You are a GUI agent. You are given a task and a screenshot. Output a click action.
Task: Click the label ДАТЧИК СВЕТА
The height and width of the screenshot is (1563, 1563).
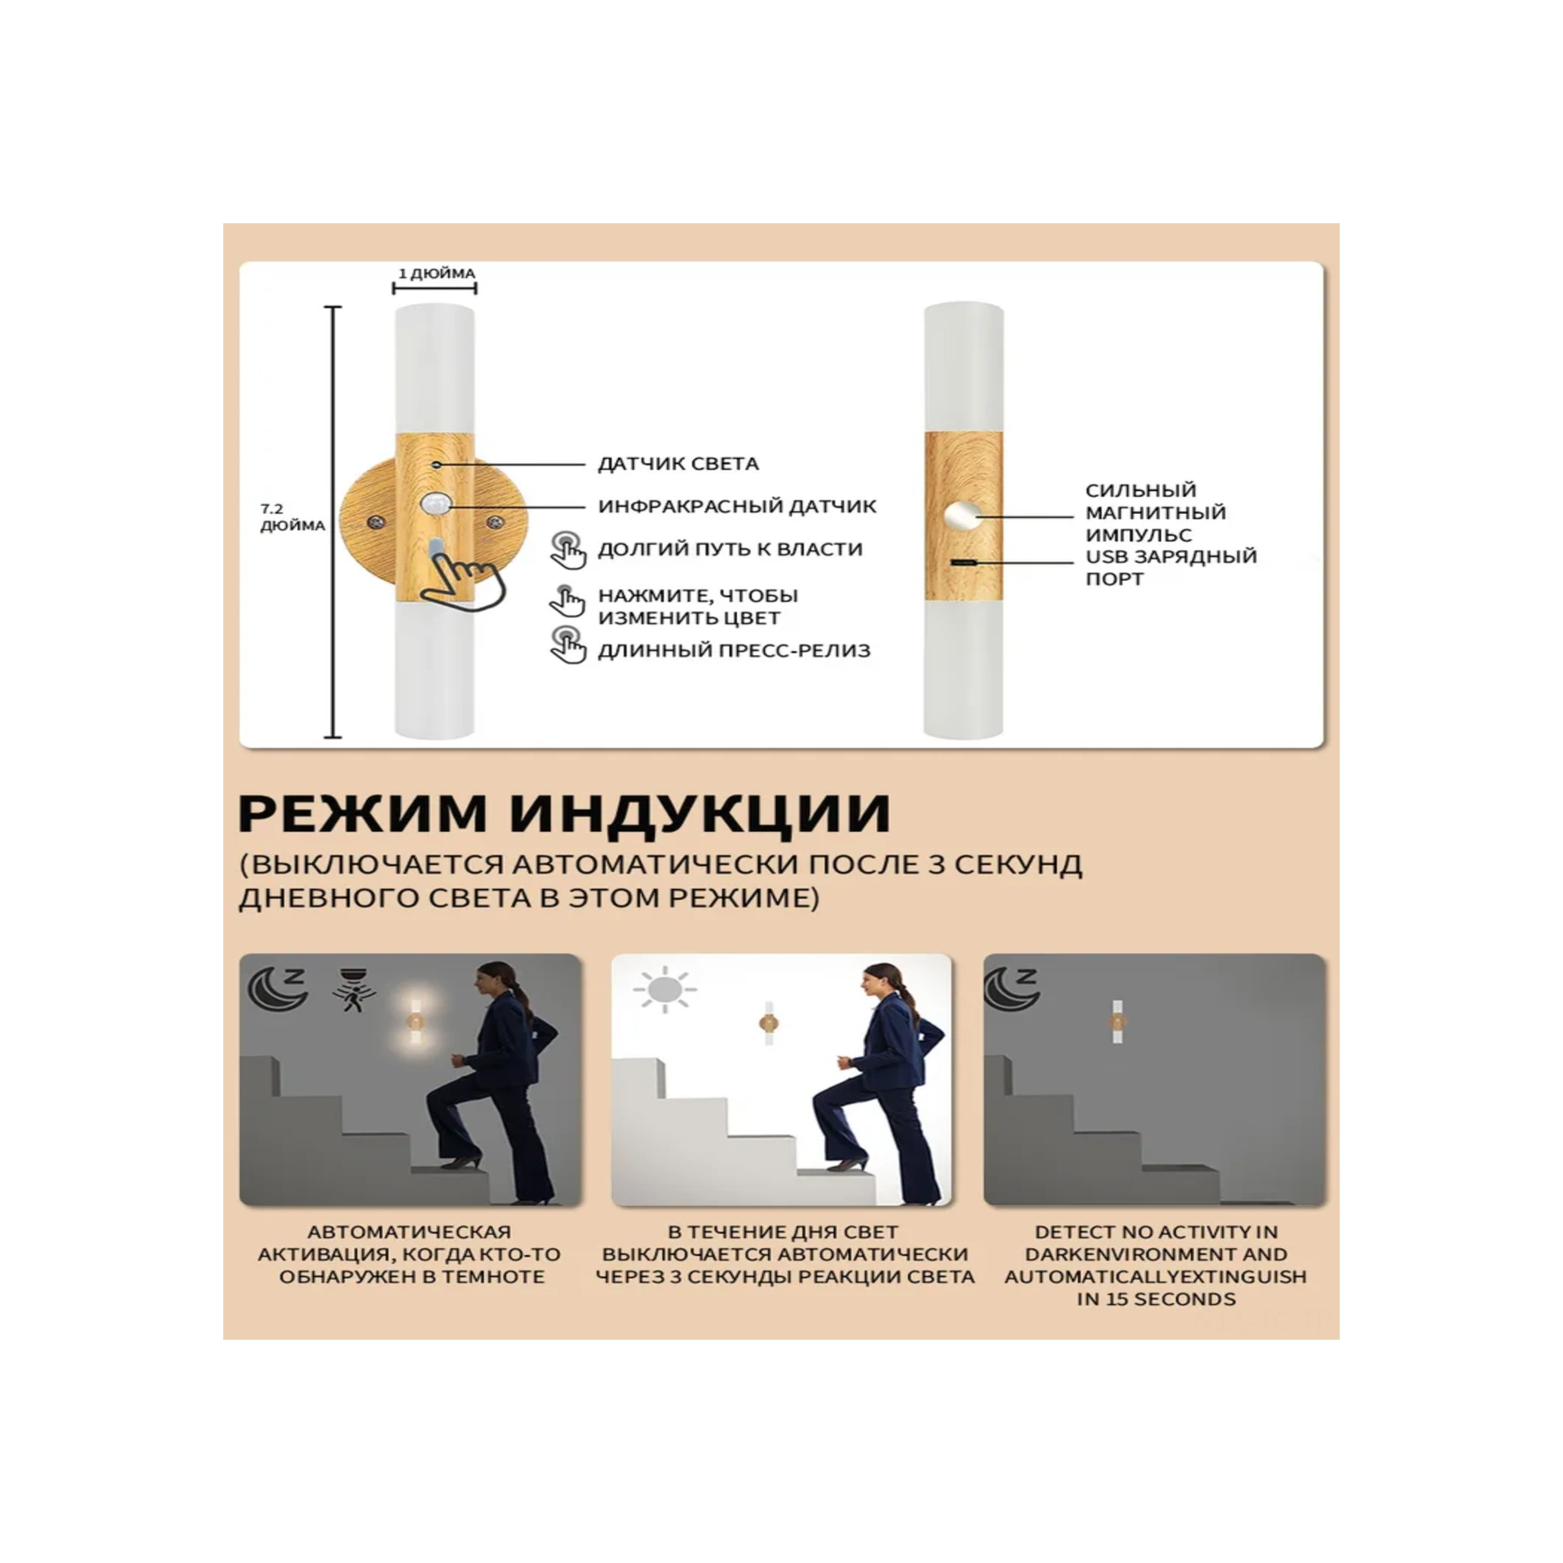point(678,464)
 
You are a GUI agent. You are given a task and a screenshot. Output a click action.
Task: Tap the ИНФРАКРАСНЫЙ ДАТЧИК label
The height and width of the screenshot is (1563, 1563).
point(737,507)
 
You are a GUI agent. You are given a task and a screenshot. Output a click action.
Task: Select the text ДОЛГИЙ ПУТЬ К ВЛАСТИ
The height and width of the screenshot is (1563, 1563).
point(730,549)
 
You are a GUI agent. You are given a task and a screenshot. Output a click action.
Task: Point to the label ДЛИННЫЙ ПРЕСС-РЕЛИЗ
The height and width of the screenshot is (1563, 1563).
point(734,651)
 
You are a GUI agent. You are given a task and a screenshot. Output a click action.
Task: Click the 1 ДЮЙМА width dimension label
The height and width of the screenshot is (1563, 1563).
point(436,274)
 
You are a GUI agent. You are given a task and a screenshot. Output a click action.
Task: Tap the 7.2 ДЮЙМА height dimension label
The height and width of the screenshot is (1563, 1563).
point(291,517)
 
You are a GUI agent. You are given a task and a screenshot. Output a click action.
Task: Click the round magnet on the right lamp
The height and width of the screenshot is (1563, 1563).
point(963,515)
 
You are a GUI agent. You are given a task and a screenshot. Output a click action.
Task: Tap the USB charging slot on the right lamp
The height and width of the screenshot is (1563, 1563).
point(963,563)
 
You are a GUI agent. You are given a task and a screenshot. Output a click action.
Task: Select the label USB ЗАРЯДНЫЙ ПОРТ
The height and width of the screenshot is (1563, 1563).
point(1171,568)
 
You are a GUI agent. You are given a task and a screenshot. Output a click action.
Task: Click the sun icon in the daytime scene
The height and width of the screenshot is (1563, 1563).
point(665,989)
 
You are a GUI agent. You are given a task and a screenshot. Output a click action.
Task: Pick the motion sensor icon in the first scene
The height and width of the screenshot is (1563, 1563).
point(352,989)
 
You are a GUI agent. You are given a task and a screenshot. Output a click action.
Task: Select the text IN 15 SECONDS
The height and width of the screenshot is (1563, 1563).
point(1156,1300)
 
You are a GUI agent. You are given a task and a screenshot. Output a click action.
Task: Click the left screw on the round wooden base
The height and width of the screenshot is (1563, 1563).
point(376,522)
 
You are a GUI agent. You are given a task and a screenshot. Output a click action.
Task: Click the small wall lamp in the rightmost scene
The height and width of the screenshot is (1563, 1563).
point(1117,1021)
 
